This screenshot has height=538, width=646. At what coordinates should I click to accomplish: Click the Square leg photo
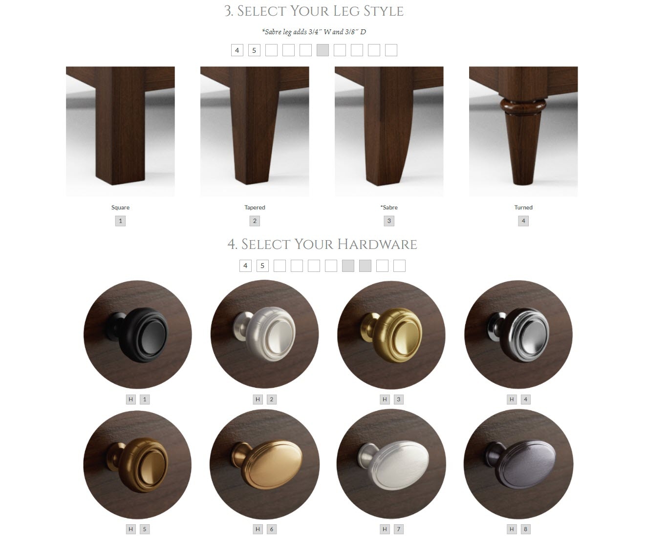click(120, 132)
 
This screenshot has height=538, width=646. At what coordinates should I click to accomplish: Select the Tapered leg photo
click(255, 132)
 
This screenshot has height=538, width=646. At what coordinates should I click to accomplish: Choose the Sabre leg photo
click(389, 132)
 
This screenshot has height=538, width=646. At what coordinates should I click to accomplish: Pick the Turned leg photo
click(523, 132)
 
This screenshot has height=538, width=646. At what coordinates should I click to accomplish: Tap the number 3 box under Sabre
click(389, 221)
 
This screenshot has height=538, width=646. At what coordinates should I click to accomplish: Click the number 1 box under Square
click(120, 221)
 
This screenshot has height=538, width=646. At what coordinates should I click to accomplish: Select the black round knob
click(138, 335)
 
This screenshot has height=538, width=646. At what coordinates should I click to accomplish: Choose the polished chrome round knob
click(518, 335)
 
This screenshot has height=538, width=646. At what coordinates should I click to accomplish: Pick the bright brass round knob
click(391, 335)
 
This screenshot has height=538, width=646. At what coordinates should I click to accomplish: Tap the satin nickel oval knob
click(391, 465)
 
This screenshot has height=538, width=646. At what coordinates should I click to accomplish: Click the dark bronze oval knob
click(518, 465)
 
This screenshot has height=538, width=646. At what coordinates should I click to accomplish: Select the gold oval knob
click(264, 465)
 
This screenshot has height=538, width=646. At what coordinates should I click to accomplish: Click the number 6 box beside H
click(271, 529)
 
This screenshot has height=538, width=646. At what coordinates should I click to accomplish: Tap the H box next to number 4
click(512, 399)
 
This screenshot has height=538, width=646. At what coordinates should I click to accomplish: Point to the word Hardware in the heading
click(377, 244)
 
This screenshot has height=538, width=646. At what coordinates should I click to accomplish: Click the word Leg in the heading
click(342, 11)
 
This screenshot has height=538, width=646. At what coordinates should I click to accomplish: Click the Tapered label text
click(255, 207)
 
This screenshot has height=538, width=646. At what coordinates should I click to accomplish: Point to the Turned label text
click(523, 207)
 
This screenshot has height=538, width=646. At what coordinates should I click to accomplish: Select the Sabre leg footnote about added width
click(314, 32)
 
